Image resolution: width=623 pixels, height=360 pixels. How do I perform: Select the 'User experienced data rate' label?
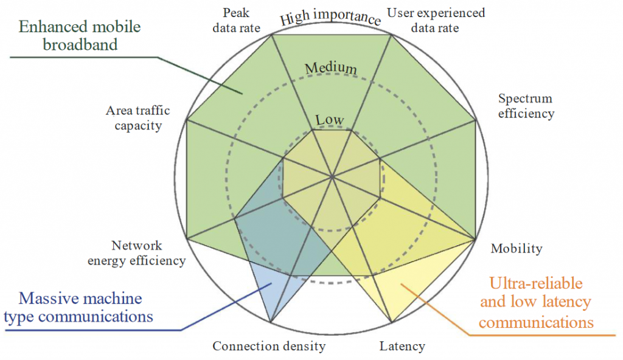click(x=436, y=19)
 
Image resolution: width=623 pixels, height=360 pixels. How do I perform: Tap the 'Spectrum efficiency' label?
click(x=526, y=106)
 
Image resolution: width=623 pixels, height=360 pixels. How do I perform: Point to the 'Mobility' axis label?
click(x=517, y=248)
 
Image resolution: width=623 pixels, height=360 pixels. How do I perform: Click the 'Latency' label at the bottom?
click(x=402, y=347)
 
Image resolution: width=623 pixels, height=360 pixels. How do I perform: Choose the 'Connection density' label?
click(x=269, y=347)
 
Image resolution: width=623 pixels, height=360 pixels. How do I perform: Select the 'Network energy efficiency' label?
click(x=137, y=253)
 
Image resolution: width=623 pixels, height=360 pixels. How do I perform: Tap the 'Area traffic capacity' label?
click(x=137, y=118)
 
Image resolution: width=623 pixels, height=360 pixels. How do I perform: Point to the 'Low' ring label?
click(x=330, y=120)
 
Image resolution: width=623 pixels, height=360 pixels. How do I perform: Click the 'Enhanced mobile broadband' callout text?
click(x=80, y=35)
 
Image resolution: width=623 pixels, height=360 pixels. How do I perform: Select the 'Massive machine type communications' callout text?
click(x=81, y=307)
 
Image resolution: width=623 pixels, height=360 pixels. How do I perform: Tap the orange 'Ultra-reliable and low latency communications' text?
click(x=536, y=302)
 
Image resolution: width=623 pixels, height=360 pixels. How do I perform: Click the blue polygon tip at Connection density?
click(x=270, y=322)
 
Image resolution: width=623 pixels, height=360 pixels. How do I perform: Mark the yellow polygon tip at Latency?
click(x=391, y=322)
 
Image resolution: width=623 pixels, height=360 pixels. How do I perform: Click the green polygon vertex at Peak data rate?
click(x=271, y=35)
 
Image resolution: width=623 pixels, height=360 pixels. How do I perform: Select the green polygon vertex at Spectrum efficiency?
click(x=475, y=120)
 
